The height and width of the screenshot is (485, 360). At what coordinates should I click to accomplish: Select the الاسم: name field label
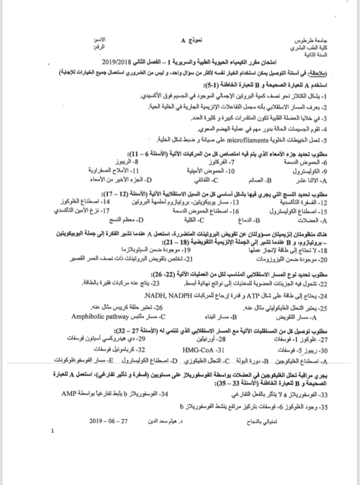tap(102, 41)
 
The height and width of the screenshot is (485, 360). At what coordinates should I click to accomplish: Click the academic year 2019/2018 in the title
tap(119, 64)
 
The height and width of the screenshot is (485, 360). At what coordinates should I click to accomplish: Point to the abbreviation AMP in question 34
tap(69, 393)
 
